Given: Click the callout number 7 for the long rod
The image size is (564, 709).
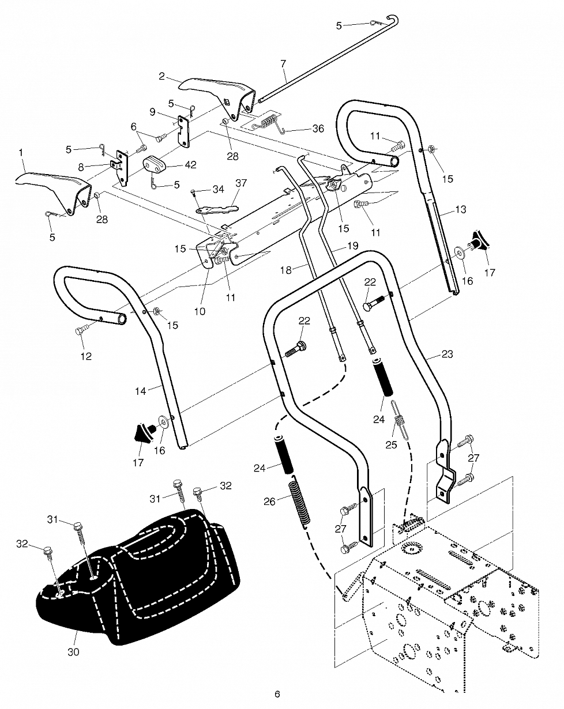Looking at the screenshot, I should click(283, 63).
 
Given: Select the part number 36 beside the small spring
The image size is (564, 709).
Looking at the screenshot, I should click(318, 129).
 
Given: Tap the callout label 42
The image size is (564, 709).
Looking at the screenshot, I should click(190, 165).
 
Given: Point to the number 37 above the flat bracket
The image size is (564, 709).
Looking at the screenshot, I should click(241, 183).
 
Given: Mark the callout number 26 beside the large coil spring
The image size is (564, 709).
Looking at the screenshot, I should click(270, 501).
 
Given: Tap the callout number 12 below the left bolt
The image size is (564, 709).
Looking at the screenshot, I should click(86, 356).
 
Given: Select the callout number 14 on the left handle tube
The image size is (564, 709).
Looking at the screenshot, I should click(141, 391).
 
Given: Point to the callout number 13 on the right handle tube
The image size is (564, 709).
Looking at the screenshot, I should click(460, 210).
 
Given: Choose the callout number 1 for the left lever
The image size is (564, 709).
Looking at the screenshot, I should click(21, 153).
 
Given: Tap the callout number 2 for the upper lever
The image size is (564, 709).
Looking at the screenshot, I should click(161, 76).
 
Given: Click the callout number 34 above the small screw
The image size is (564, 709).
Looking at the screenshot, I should click(219, 188).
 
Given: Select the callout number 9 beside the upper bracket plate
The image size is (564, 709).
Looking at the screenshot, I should click(152, 111).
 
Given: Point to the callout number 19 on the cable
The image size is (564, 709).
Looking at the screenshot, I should click(353, 246).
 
